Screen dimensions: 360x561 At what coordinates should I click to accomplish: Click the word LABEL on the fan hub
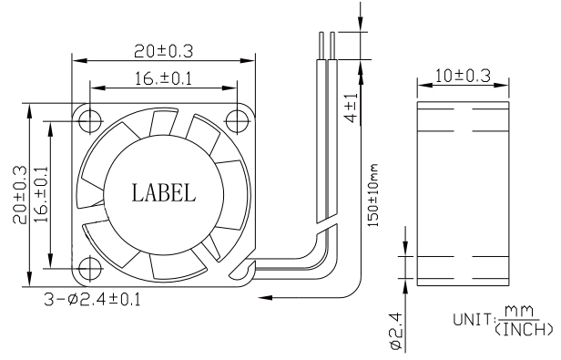point(163,193)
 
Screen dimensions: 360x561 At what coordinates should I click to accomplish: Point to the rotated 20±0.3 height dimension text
point(20,193)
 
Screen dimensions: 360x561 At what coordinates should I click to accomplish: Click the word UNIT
point(472,321)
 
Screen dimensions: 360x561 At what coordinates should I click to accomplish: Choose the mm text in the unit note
point(522,313)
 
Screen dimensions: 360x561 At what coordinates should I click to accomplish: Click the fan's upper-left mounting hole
point(89,119)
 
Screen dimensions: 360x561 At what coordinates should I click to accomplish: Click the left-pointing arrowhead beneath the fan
point(266,297)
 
